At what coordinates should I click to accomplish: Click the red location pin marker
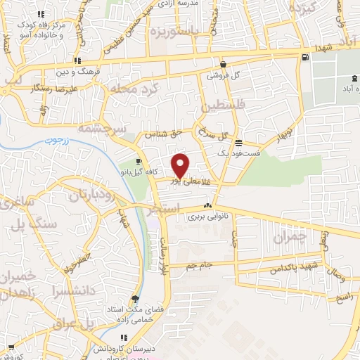coord(181,165)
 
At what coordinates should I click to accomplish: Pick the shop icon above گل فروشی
coord(223,63)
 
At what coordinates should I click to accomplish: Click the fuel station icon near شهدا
coord(304,58)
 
